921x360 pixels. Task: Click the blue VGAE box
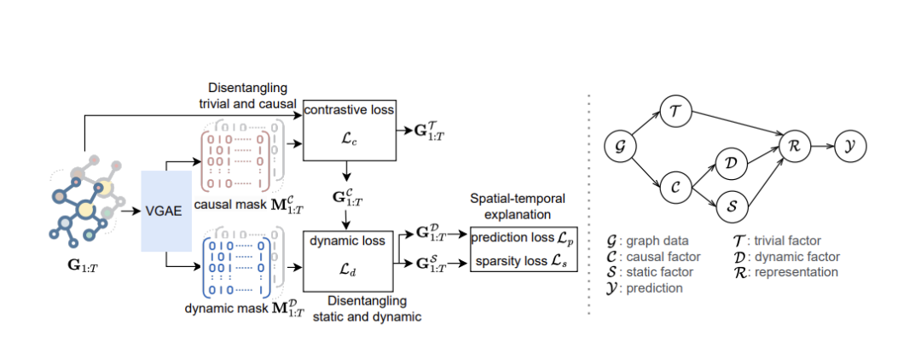(163, 210)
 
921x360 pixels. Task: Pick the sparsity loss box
(524, 259)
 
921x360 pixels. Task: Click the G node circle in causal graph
(620, 147)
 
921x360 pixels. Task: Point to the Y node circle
(851, 147)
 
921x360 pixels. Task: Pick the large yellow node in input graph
(85, 208)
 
